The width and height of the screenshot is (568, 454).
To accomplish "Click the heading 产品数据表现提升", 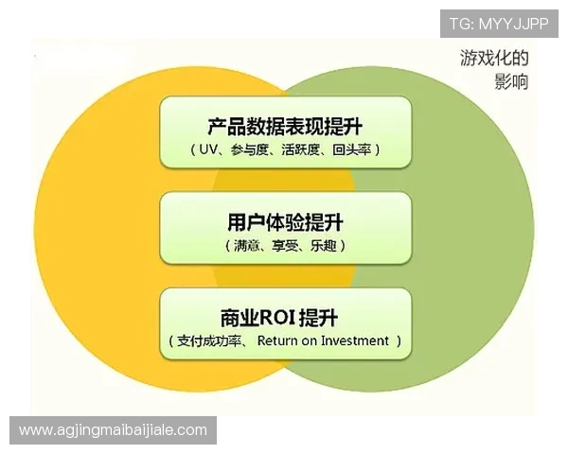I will tap(285, 126).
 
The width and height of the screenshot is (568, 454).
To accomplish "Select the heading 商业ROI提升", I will tap(285, 318).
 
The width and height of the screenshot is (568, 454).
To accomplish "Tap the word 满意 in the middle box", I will tap(245, 245).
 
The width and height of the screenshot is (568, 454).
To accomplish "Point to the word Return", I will tap(276, 341).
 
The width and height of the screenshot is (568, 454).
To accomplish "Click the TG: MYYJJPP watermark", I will tap(499, 22).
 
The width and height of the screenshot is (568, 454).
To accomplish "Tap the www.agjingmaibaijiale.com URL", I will tap(113, 430).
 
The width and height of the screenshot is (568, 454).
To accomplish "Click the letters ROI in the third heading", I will tap(277, 318).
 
